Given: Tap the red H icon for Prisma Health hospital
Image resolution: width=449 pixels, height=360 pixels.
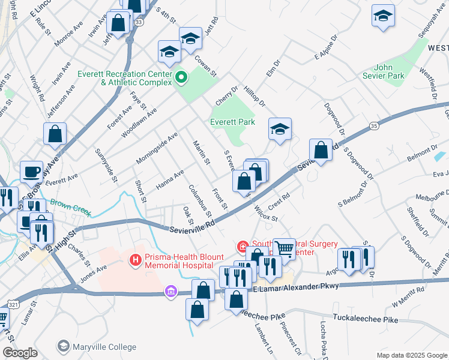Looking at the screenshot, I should (136, 259).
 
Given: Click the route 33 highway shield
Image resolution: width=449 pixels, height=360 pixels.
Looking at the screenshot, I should (139, 22).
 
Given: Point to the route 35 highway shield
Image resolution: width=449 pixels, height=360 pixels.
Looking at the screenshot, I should (375, 126).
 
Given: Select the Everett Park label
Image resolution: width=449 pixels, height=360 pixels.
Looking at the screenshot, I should (232, 122).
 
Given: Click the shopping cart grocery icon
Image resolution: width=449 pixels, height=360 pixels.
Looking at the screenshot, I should (285, 248).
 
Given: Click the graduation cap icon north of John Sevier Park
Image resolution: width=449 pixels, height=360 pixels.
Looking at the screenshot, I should (383, 16).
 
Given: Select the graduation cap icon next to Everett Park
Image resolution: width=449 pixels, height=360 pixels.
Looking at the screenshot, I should (280, 129).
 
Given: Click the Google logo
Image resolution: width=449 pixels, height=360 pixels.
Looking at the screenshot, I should (20, 353).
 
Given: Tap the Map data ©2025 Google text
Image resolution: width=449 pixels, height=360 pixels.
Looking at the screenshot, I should (411, 355).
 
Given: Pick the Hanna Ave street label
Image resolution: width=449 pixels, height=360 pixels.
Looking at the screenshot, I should (170, 178).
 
